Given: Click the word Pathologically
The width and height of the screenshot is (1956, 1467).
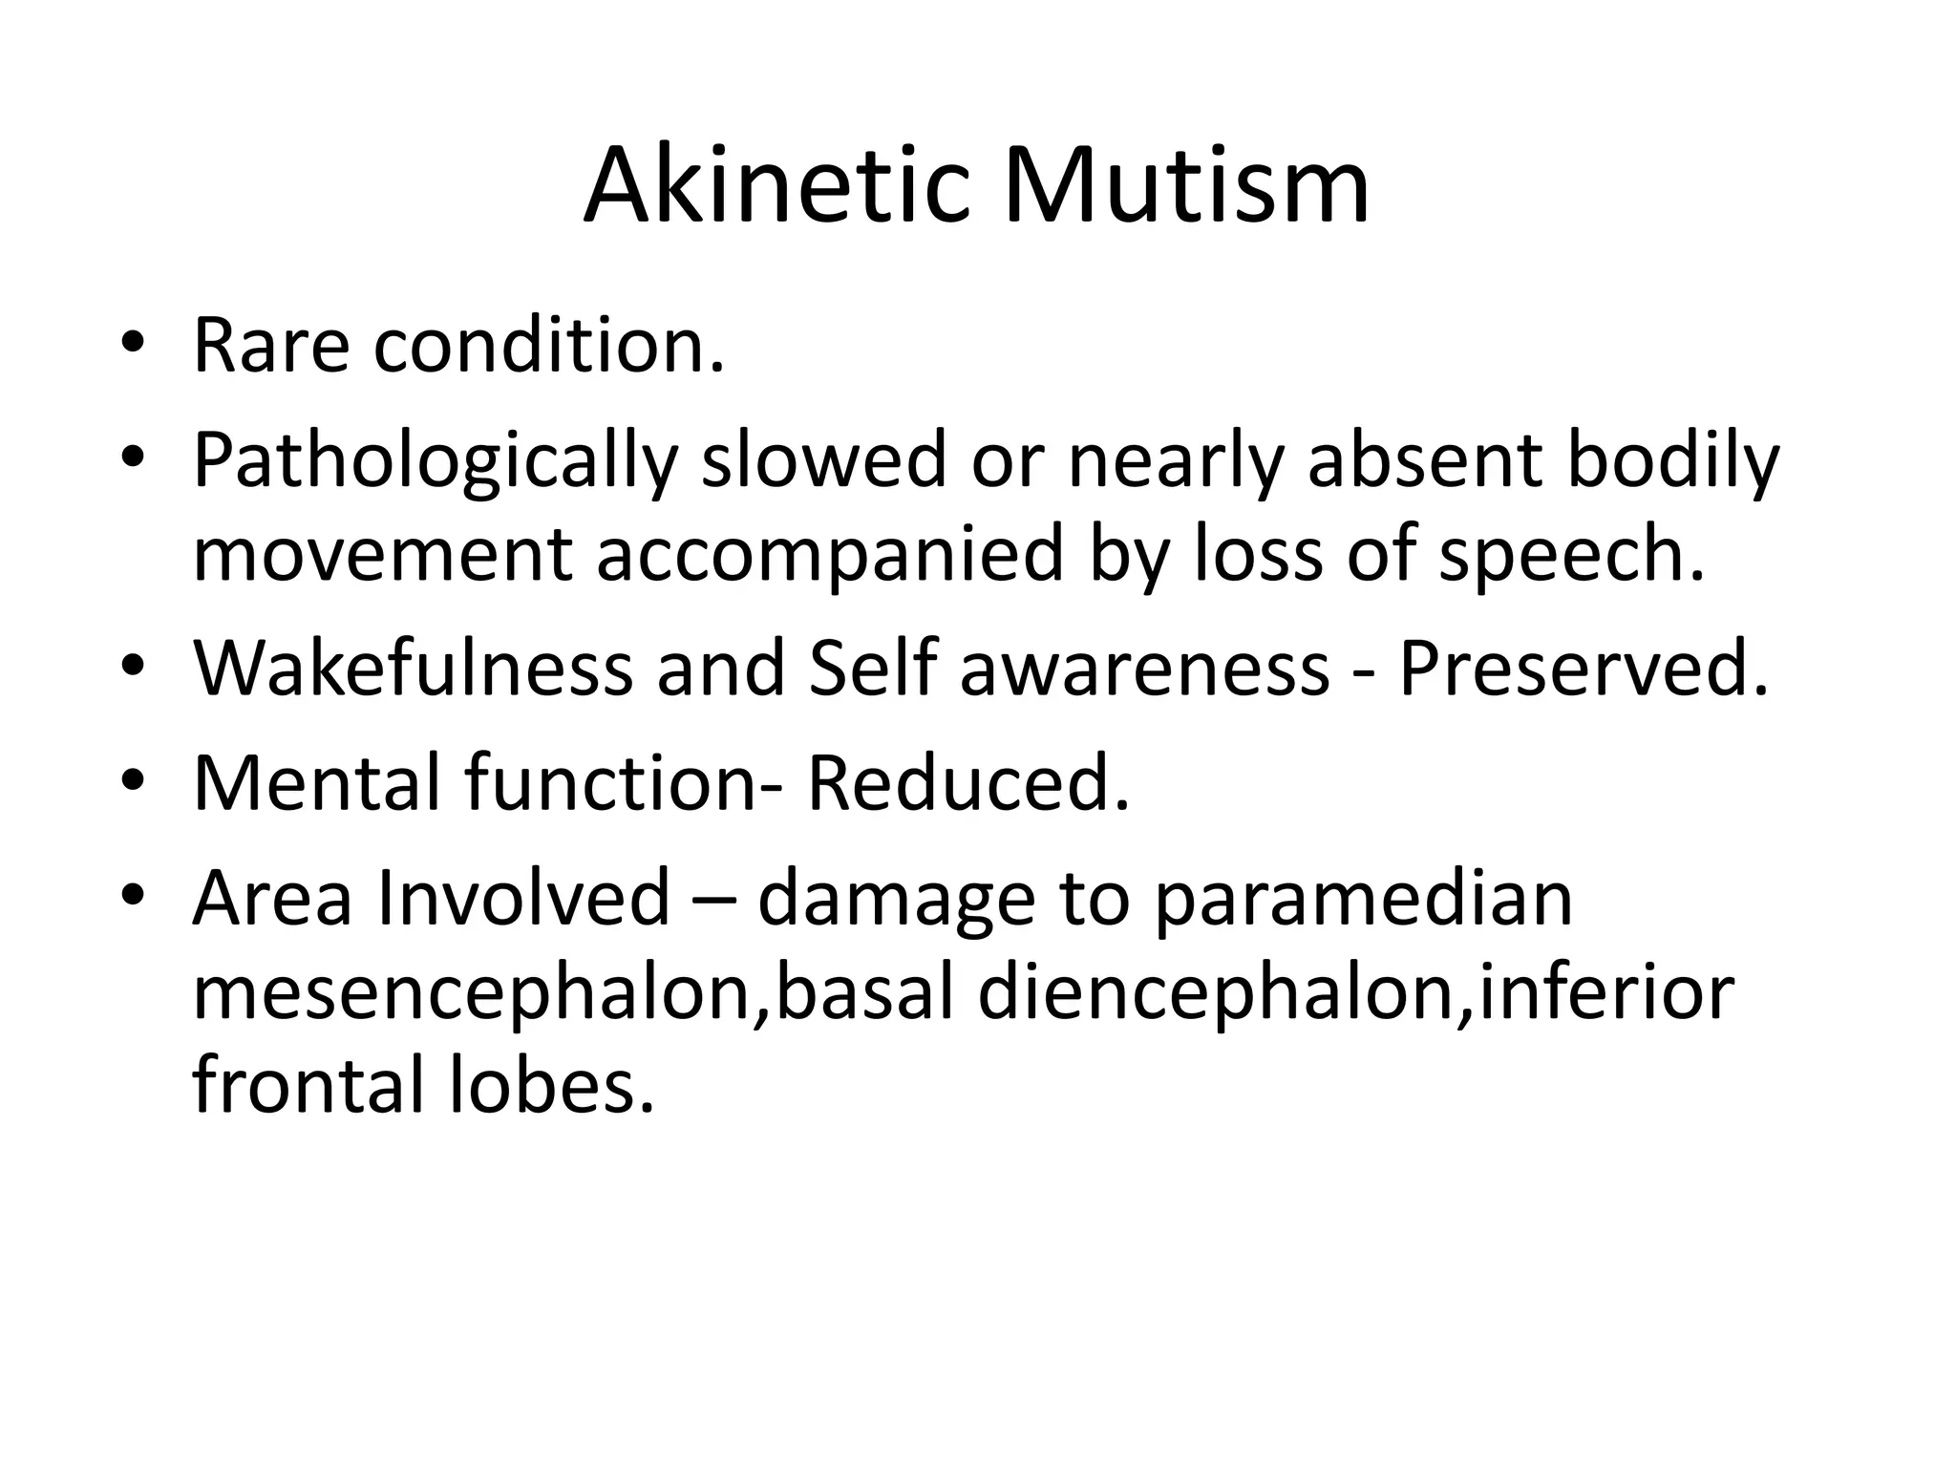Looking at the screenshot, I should pyautogui.click(x=435, y=461).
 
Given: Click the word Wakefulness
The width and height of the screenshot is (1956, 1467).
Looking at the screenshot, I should pyautogui.click(x=413, y=668).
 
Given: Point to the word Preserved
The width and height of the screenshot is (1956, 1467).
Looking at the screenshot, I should pyautogui.click(x=1584, y=668).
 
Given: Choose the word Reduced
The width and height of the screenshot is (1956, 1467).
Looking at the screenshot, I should pyautogui.click(x=967, y=782).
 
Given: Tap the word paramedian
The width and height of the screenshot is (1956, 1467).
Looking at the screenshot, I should pyautogui.click(x=1363, y=899).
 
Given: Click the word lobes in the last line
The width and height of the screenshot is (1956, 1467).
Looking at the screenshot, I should pyautogui.click(x=551, y=1087).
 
